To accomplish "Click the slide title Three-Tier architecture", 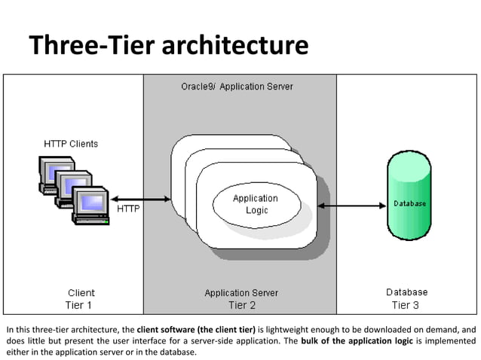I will point(169,46).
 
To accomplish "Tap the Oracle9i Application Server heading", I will point(237,87).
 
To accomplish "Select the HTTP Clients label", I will point(69,143).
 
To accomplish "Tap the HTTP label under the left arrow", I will point(127,209).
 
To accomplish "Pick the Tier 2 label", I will point(241,305).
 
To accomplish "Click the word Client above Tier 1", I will point(81,292).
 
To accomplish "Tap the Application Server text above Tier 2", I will point(241,292).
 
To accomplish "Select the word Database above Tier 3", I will point(407,292).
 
